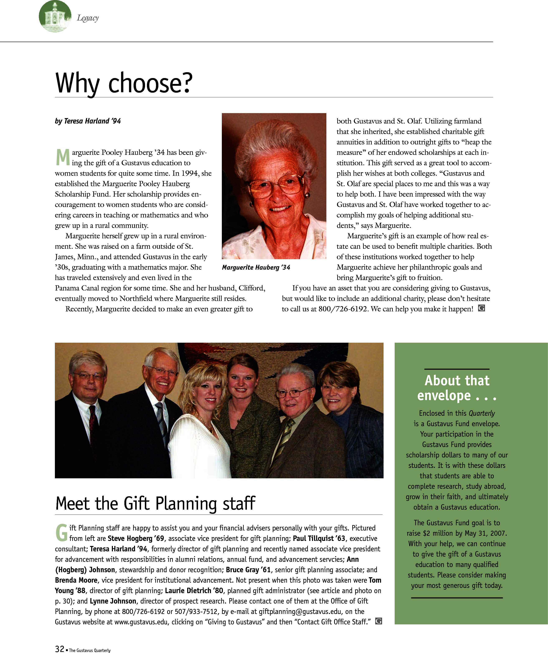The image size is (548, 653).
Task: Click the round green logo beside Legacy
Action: click(55, 16)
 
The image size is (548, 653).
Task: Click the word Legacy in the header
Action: click(88, 18)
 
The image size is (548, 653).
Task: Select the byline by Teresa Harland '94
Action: click(88, 121)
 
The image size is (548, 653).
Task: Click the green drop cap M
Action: click(63, 157)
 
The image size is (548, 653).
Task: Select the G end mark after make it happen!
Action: click(481, 308)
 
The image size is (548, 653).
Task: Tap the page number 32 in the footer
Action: click(59, 649)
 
